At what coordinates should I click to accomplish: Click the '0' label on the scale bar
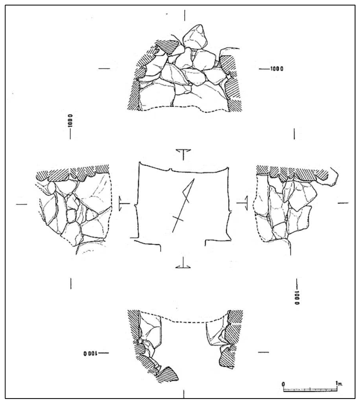[x=283, y=383]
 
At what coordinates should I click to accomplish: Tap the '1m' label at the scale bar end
[x=339, y=383]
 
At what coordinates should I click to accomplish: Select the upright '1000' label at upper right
[x=277, y=69]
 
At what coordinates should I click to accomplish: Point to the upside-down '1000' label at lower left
[x=89, y=353]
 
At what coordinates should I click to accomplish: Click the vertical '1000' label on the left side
[x=70, y=121]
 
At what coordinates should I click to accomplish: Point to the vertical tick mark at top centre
[x=185, y=15]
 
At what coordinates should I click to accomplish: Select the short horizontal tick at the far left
[x=21, y=205]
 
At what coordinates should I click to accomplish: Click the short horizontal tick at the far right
[x=343, y=203]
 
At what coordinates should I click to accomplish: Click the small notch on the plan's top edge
[x=171, y=170]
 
